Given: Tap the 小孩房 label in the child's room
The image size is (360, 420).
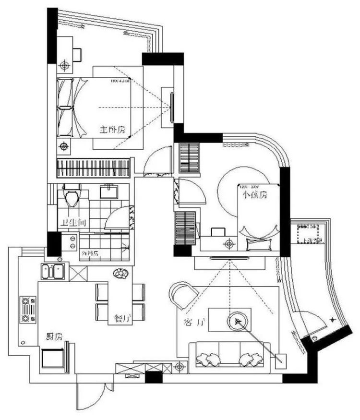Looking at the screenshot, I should tap(254, 195).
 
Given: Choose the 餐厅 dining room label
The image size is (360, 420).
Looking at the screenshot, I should tap(123, 318).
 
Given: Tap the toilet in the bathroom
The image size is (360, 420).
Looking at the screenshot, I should tap(71, 198).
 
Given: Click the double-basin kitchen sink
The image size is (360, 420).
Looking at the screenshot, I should tap(53, 272).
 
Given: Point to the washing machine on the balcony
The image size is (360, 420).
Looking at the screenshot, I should tap(309, 236).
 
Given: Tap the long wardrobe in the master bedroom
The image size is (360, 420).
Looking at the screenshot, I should tap(94, 168).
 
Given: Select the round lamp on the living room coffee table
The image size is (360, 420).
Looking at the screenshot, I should tap(237, 321).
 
